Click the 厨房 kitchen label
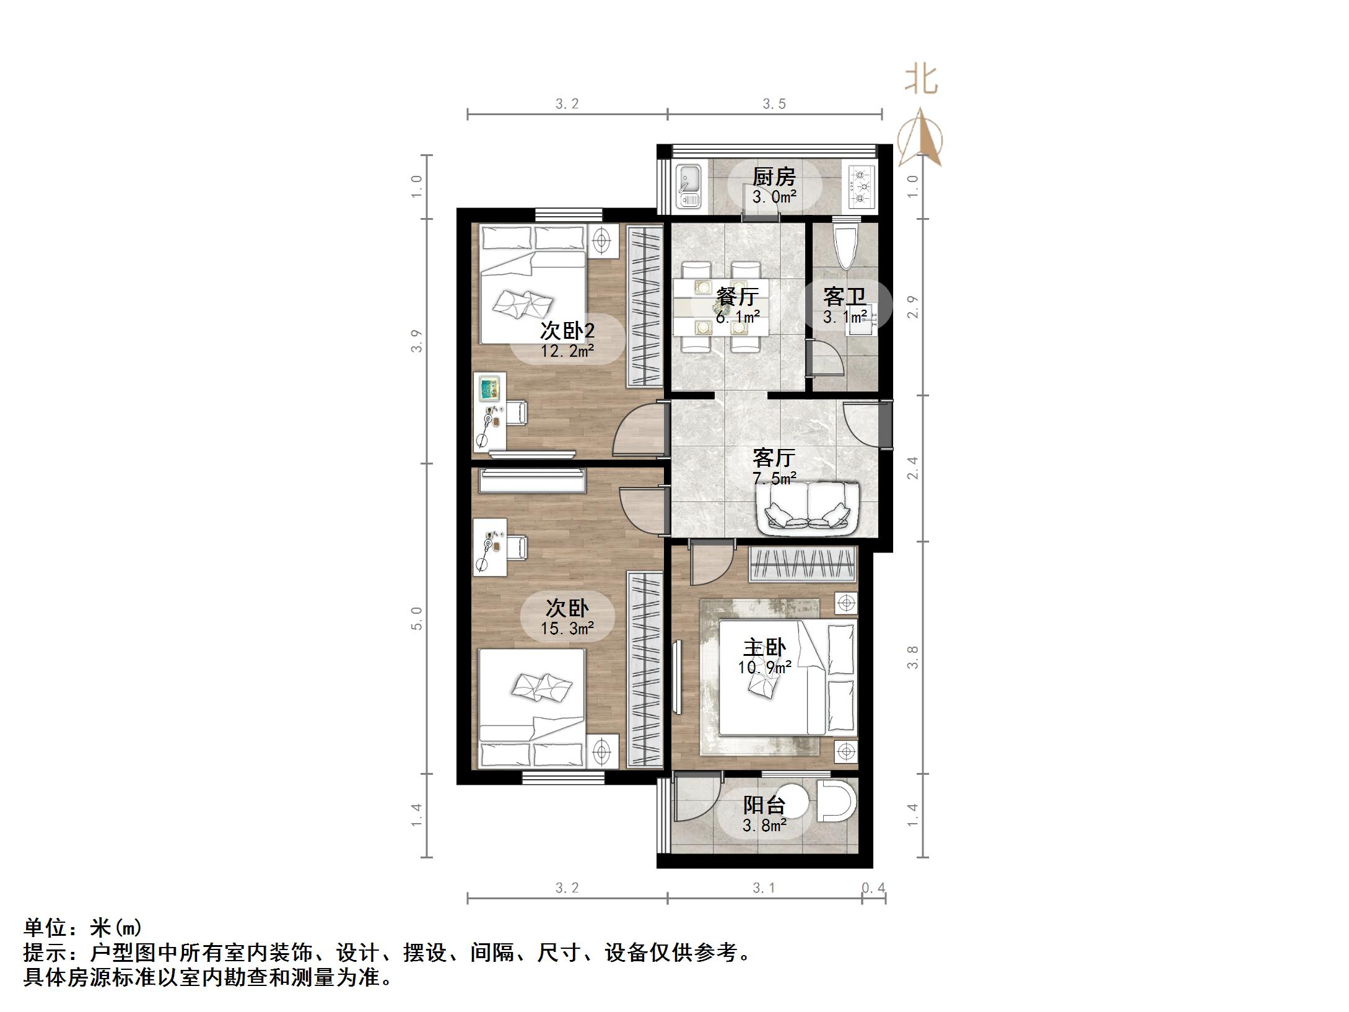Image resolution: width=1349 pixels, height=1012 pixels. coord(774,177)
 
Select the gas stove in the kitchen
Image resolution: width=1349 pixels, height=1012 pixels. coord(860,186)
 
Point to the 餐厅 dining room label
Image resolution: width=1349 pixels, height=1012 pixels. coord(737,297)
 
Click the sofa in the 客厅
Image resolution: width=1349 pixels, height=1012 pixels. coord(807,508)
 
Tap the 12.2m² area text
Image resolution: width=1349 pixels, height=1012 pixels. coord(567,352)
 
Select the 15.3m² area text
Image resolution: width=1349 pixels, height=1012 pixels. coord(567,629)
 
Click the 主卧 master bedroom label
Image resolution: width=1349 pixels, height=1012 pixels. coord(764,648)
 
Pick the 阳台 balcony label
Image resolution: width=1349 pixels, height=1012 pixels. coord(764,805)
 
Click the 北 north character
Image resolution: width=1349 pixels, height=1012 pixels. coord(921,81)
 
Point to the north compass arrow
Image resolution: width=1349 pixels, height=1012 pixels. coord(922,139)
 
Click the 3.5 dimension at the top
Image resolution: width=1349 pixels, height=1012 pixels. coord(774,104)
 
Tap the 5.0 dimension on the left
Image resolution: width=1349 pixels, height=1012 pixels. coord(417,618)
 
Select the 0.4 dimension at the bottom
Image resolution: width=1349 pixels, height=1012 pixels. coord(873,889)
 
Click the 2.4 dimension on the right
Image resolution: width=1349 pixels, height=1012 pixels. coord(912,468)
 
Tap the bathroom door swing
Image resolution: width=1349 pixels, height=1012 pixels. coord(826,359)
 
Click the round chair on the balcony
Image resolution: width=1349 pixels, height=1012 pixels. coord(836,800)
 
